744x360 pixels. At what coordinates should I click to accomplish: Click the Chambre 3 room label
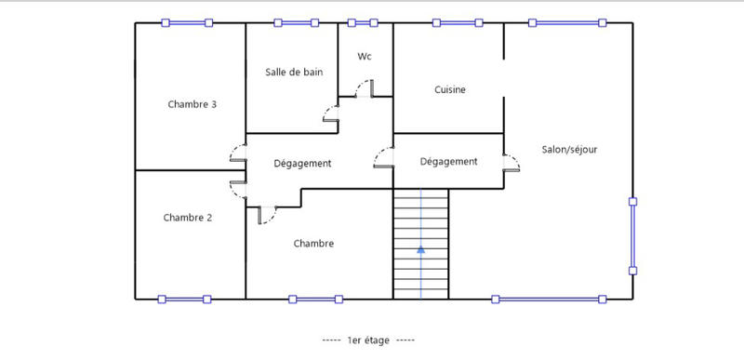pos(193,104)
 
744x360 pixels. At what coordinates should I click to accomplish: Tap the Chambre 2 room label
pos(188,218)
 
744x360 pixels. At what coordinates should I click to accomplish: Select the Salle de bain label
pos(294,73)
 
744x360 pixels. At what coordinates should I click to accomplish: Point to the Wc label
pos(365,57)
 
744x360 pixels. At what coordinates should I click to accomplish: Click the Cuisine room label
pos(450,90)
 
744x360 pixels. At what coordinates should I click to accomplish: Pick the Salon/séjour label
pos(569,150)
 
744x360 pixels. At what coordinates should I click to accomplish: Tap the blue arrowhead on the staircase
pos(420,248)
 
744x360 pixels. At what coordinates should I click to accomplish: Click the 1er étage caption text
pos(368,340)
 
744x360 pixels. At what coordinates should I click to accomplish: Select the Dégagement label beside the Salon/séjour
pos(448,162)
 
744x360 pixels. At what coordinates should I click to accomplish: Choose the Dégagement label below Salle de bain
pos(302,164)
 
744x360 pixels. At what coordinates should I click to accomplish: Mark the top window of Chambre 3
pos(187,22)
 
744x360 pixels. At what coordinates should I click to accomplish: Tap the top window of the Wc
pos(363,22)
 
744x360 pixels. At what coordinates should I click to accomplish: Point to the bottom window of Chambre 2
pos(184,299)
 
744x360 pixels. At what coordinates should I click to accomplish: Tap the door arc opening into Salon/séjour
pos(511,164)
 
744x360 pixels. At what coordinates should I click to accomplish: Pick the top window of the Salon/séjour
pos(566,22)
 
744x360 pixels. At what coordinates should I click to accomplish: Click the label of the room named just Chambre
pos(313,244)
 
